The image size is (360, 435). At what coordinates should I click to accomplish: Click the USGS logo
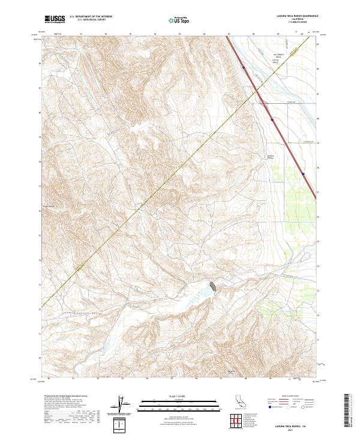53,19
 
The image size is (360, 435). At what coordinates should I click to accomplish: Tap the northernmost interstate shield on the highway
244,68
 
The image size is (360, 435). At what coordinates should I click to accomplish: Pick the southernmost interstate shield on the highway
303,175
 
